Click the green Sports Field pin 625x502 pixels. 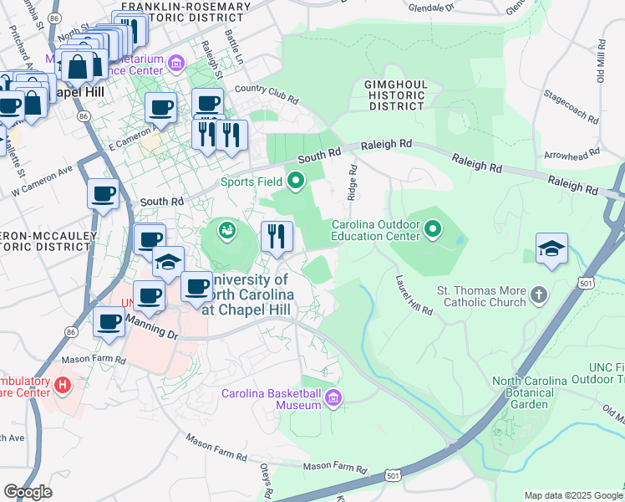click(296, 181)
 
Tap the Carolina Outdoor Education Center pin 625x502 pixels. click(433, 228)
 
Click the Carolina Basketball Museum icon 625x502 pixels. click(334, 397)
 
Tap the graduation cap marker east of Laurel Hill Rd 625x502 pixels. click(551, 249)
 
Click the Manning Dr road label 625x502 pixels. click(151, 327)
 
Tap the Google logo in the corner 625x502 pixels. click(28, 491)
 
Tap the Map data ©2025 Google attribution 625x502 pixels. click(572, 495)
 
